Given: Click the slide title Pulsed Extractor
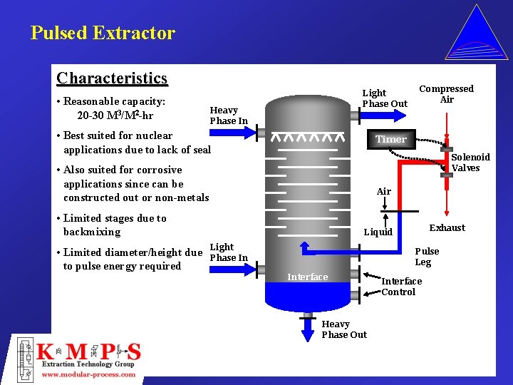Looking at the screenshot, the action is click(x=103, y=33).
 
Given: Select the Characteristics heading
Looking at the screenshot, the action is click(x=112, y=78).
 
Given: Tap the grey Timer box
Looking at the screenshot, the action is click(x=391, y=139).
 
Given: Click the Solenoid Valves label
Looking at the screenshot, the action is click(x=470, y=163).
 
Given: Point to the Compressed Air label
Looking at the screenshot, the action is click(x=446, y=94).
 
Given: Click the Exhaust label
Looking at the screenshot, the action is click(x=447, y=228).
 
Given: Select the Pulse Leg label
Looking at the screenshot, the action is click(x=427, y=257).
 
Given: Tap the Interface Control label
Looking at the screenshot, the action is click(x=401, y=286).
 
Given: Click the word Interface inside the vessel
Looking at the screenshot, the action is click(x=307, y=277).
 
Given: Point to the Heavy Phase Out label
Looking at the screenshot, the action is click(x=344, y=329).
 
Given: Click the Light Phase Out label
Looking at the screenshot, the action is click(x=385, y=98).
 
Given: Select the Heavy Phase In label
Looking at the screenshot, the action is click(x=228, y=115).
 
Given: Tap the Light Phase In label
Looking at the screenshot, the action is click(x=228, y=252).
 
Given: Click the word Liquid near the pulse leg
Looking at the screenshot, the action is click(x=378, y=232).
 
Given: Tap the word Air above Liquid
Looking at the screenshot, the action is click(x=384, y=191).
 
